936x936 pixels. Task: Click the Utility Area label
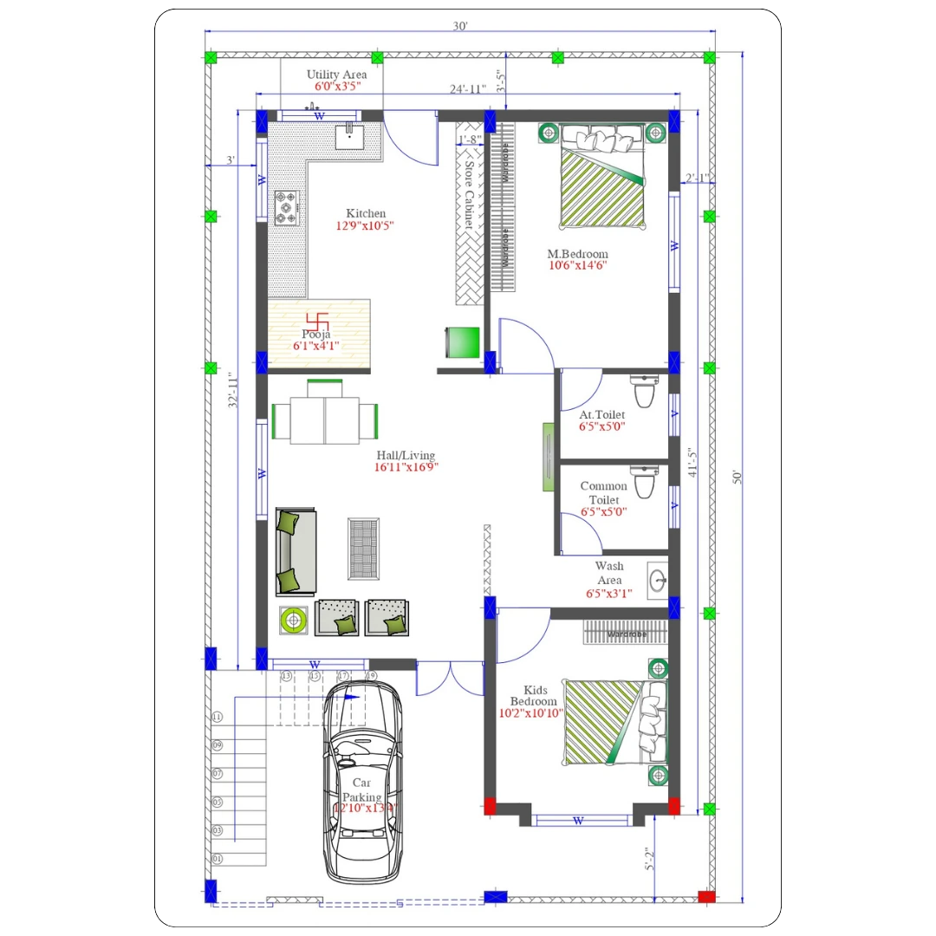pos(336,75)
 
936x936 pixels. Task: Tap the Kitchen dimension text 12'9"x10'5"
pos(366,226)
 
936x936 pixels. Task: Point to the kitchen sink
pos(350,136)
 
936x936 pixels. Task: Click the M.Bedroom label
pos(577,254)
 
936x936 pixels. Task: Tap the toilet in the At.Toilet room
pos(644,393)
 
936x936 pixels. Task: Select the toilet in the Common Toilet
pos(644,483)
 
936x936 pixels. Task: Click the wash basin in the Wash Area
pos(657,579)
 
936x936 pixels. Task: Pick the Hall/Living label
pos(406,455)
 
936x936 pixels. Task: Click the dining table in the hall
pos(325,420)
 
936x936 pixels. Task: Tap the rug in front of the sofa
pos(363,549)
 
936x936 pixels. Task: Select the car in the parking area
pos(362,780)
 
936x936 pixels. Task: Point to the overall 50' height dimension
pos(738,477)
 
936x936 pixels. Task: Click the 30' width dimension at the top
pos(460,26)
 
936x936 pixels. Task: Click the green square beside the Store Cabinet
pos(463,341)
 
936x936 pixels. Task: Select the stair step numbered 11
pos(217,718)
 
